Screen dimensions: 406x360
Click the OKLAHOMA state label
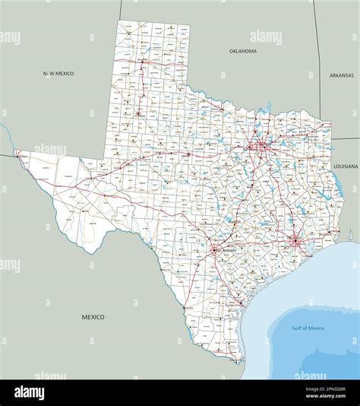click(x=243, y=51)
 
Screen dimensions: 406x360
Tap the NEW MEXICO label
click(x=58, y=73)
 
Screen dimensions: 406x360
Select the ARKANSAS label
click(x=342, y=75)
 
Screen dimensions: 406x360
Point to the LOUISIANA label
click(x=345, y=165)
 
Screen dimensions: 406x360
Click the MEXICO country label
click(x=93, y=316)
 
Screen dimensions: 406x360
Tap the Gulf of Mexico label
click(x=308, y=328)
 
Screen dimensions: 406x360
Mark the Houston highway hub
click(x=294, y=243)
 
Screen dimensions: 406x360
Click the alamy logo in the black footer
click(x=30, y=392)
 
